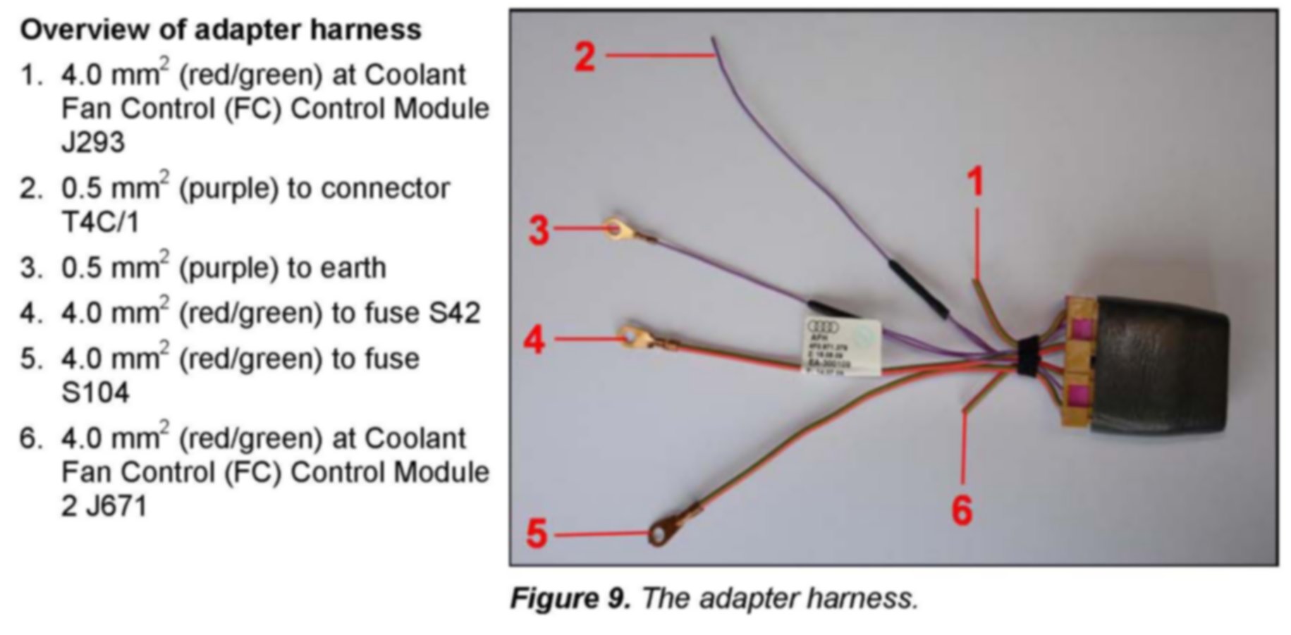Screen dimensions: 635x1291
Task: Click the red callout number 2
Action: point(585,56)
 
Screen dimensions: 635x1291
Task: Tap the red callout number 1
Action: point(974,182)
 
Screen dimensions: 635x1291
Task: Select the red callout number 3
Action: point(539,230)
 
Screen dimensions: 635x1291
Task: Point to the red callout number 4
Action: point(534,340)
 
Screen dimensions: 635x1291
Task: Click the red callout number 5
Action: point(537,533)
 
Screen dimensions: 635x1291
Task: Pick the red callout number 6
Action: point(962,510)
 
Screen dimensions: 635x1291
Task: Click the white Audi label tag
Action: point(843,346)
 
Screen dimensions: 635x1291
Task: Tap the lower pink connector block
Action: point(1079,396)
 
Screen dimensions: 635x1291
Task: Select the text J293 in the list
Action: point(93,142)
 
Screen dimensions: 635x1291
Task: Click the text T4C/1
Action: point(101,222)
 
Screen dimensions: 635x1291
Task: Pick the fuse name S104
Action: point(95,393)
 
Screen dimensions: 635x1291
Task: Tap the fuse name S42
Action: point(453,312)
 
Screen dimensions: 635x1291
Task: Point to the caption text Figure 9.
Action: point(570,598)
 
